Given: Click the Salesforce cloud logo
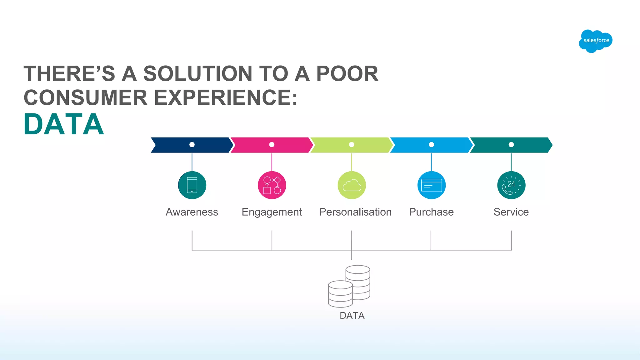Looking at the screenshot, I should pos(596,41).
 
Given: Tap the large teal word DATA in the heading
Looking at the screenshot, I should pos(64,124).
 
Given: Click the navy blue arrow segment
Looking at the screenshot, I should pos(175,145).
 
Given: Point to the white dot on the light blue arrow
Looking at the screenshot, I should pos(431,145).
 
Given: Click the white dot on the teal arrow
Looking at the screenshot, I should pos(511,145).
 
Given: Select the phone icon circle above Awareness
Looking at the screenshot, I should pos(192,185).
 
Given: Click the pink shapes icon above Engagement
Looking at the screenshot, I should pos(272,185).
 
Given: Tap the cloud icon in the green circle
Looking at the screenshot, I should pos(352,185).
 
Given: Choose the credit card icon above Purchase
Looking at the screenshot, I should pos(431,185).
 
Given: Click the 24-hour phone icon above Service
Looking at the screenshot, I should pos(511,185).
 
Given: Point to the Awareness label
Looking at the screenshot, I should pos(192,212).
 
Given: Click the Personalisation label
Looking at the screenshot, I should pos(355,212).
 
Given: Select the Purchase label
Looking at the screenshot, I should pos(431,212).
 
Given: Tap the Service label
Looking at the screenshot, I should pos(511,212).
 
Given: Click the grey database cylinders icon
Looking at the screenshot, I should pos(349,286).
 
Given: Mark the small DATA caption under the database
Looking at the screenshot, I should pos(352,316).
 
